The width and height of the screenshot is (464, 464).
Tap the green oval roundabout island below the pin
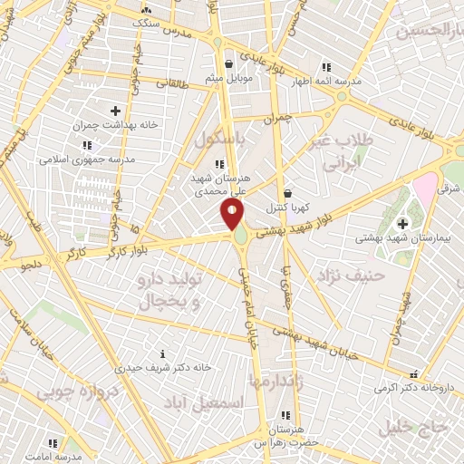tap(241, 238)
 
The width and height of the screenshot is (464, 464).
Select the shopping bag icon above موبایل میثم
tap(228, 64)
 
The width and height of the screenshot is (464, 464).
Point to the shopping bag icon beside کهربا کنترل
tap(287, 193)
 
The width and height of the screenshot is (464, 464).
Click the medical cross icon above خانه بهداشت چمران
tap(115, 111)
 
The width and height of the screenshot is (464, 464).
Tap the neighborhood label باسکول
tap(218, 140)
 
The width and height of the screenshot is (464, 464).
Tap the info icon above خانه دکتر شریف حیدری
tap(162, 353)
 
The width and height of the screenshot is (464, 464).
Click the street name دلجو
tap(34, 266)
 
